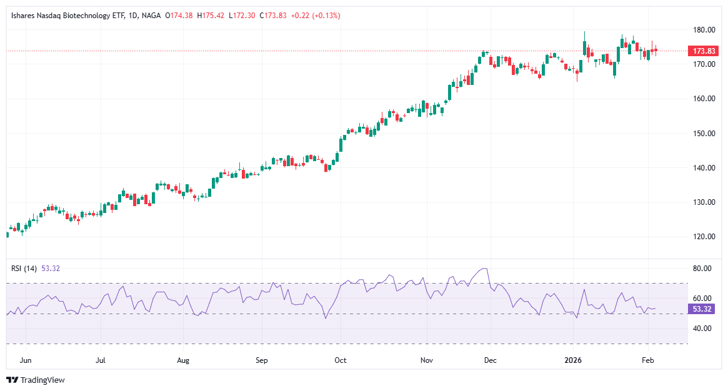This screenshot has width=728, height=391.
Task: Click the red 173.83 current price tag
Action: click(x=700, y=51)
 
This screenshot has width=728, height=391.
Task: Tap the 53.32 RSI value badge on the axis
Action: click(x=700, y=309)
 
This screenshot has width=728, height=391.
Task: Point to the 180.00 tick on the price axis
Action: click(x=703, y=30)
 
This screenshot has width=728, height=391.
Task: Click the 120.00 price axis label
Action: click(x=703, y=237)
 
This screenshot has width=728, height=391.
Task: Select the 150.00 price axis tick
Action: click(x=703, y=134)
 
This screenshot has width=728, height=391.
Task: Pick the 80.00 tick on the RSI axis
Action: click(x=702, y=269)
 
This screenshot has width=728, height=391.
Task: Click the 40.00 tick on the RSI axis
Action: click(x=702, y=329)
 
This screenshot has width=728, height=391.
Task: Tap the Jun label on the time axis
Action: click(x=26, y=360)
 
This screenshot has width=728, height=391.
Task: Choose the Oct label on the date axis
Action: click(x=341, y=360)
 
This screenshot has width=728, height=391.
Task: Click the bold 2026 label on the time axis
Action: click(x=573, y=360)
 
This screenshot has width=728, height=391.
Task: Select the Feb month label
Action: click(x=648, y=360)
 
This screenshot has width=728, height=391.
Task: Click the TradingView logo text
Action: click(x=42, y=380)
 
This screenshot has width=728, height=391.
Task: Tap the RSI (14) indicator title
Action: click(x=24, y=269)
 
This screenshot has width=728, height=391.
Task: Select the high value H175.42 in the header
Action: click(x=211, y=16)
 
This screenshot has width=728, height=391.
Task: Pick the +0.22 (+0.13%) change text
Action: click(x=315, y=16)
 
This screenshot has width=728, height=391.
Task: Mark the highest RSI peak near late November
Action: click(x=486, y=269)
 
